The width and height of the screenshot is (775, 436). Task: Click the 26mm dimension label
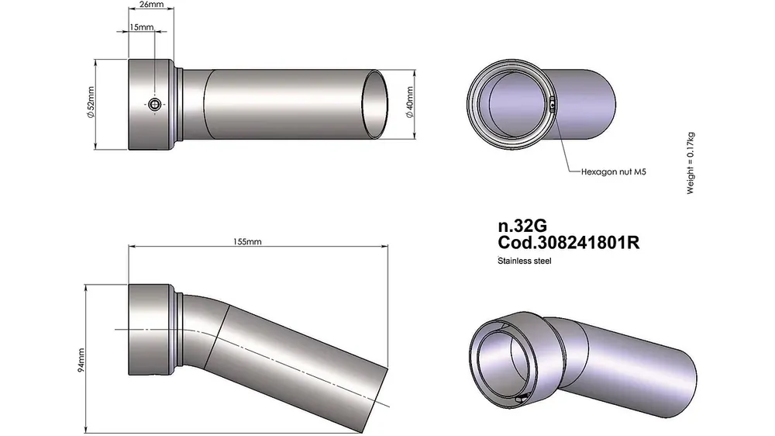point(151,5)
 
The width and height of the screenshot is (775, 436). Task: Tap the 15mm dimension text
point(142,26)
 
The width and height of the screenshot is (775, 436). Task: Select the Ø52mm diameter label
point(91,102)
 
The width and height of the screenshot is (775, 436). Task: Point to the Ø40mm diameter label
point(409,102)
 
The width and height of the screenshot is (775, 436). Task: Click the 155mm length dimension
point(247,241)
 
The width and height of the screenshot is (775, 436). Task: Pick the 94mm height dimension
point(81,360)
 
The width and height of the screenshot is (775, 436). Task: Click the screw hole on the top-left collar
point(155,104)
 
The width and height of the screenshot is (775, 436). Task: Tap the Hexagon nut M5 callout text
point(613,171)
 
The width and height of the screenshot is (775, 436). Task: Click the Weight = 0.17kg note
point(691,164)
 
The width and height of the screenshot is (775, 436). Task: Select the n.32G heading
point(522,226)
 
